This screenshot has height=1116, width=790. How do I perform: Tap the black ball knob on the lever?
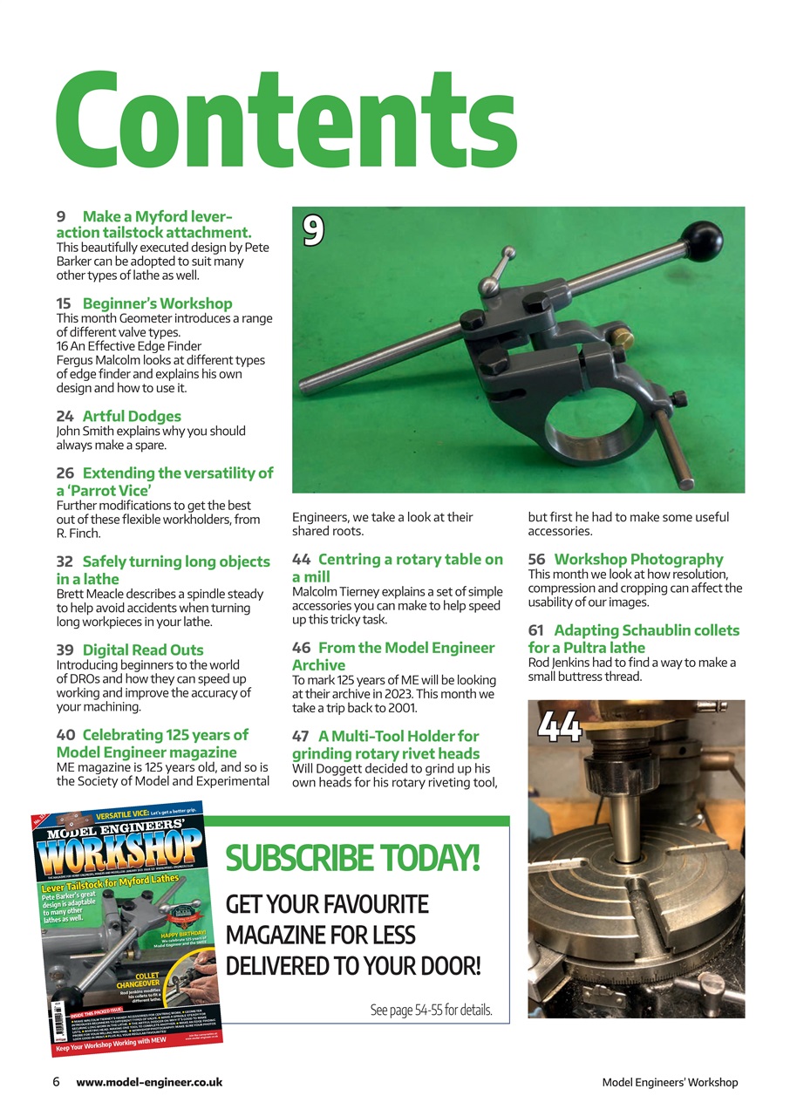tap(704, 237)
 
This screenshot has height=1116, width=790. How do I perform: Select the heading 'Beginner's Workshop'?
tap(157, 303)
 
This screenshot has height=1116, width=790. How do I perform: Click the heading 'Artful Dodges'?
tap(132, 416)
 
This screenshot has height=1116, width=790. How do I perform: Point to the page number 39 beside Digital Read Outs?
tap(65, 650)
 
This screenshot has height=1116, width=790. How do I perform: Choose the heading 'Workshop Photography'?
tap(638, 559)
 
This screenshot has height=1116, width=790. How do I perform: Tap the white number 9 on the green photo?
tap(314, 229)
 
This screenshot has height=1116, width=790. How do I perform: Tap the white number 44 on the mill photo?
tap(560, 726)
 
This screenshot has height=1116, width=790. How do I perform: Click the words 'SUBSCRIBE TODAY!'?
tap(353, 858)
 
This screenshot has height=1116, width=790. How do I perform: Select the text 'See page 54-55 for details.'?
tap(432, 1011)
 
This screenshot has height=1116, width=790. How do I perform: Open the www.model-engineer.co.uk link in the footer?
tap(149, 1082)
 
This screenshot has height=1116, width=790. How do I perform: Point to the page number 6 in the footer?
tap(56, 1082)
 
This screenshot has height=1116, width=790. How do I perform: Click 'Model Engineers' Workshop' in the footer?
tap(670, 1083)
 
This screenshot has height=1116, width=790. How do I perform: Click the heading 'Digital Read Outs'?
tap(143, 650)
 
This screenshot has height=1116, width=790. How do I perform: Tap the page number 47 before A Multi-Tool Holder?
tap(301, 736)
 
